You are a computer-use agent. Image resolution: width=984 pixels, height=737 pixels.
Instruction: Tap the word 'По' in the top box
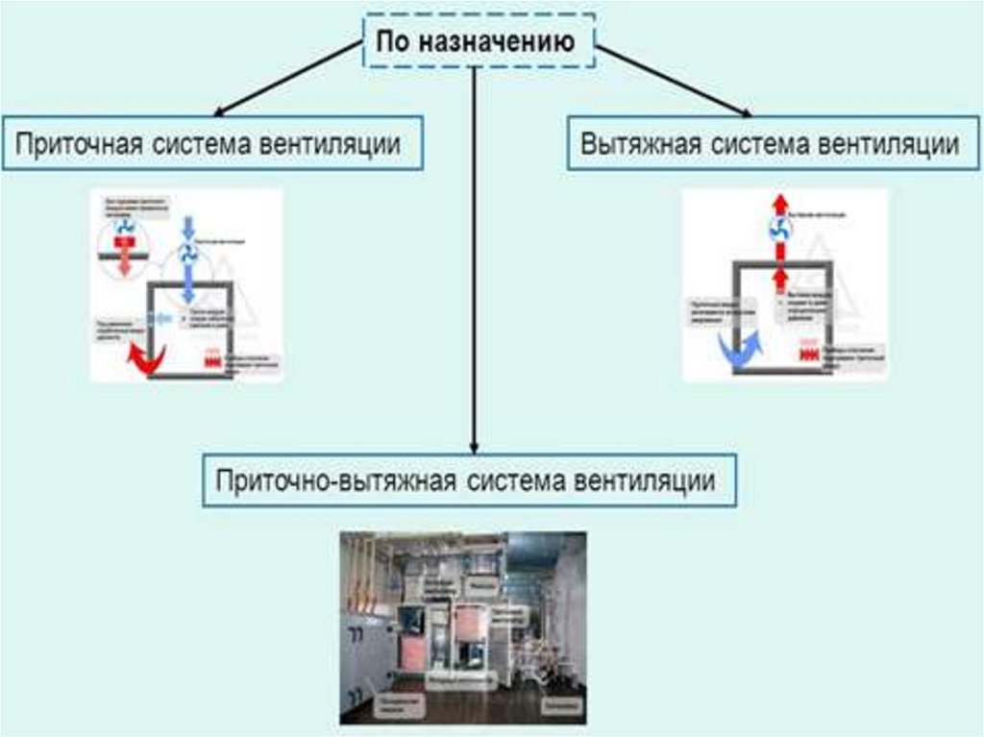[393, 42]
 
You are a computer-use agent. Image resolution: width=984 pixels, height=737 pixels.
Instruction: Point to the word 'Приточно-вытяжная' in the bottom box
[336, 479]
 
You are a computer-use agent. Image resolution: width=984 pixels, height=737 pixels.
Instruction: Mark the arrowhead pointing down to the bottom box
[474, 446]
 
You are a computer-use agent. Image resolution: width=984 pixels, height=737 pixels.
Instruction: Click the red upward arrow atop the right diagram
[780, 205]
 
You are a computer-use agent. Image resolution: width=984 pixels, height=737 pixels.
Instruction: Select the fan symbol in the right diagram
[780, 230]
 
